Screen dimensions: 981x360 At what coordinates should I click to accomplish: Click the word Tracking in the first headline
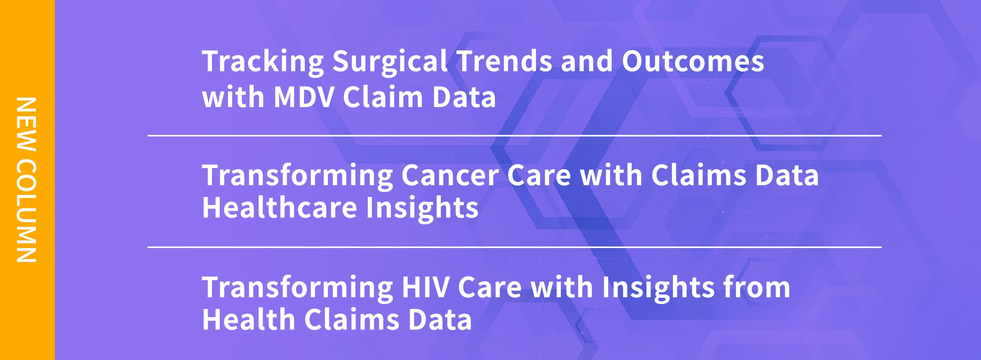[263, 62]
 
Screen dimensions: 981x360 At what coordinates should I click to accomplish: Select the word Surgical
[390, 62]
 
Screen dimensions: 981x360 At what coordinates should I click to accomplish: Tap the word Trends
[504, 61]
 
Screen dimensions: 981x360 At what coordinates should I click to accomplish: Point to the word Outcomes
[693, 61]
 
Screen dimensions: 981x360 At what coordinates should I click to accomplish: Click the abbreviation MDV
[304, 97]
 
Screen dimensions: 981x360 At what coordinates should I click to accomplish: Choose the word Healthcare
[280, 208]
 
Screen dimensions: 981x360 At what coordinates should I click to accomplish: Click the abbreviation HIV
[425, 287]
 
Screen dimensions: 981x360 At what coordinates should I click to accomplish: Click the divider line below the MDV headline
[514, 135]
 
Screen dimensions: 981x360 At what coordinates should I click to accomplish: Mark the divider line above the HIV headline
[514, 247]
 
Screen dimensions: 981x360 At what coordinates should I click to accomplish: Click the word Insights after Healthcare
[422, 208]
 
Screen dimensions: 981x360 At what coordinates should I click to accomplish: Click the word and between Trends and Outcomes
[587, 61]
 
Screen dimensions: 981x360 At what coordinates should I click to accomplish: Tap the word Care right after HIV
[490, 287]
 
